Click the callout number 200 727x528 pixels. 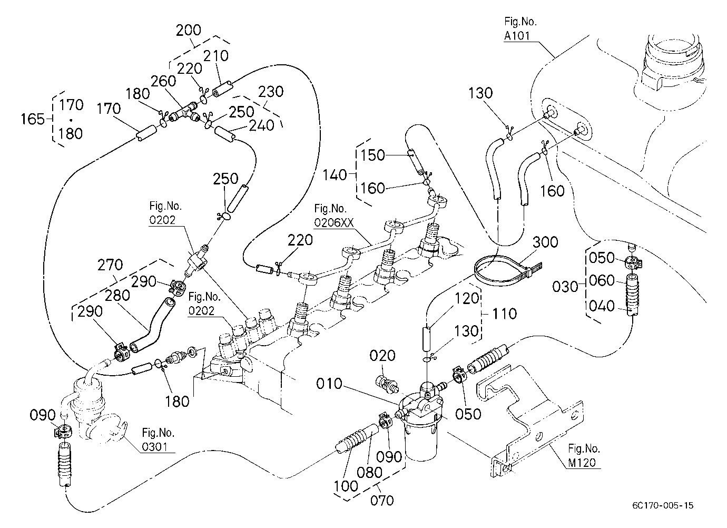[x=188, y=30]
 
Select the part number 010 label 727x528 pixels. [x=329, y=384]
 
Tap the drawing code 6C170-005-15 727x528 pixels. [x=663, y=505]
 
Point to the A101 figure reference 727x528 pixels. [x=517, y=36]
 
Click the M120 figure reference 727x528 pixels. [x=582, y=463]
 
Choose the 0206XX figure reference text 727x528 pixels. [x=333, y=222]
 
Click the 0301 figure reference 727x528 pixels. [x=154, y=447]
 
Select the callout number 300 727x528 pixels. [x=545, y=242]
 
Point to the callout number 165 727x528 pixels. [x=33, y=119]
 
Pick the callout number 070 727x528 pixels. [x=382, y=501]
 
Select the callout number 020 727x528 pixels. [x=382, y=356]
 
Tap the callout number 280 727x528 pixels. [x=117, y=296]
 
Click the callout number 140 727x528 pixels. [x=335, y=175]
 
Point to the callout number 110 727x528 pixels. [x=504, y=314]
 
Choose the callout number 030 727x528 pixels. [x=565, y=287]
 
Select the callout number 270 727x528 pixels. [x=110, y=265]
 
